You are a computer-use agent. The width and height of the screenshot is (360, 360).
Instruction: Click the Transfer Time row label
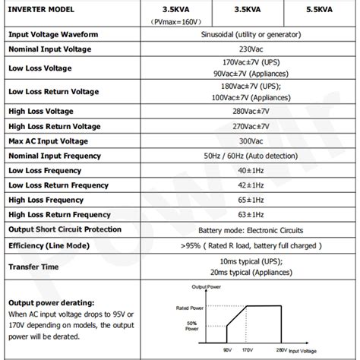(x=35, y=267)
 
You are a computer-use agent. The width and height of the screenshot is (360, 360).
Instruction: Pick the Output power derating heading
(x=50, y=302)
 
